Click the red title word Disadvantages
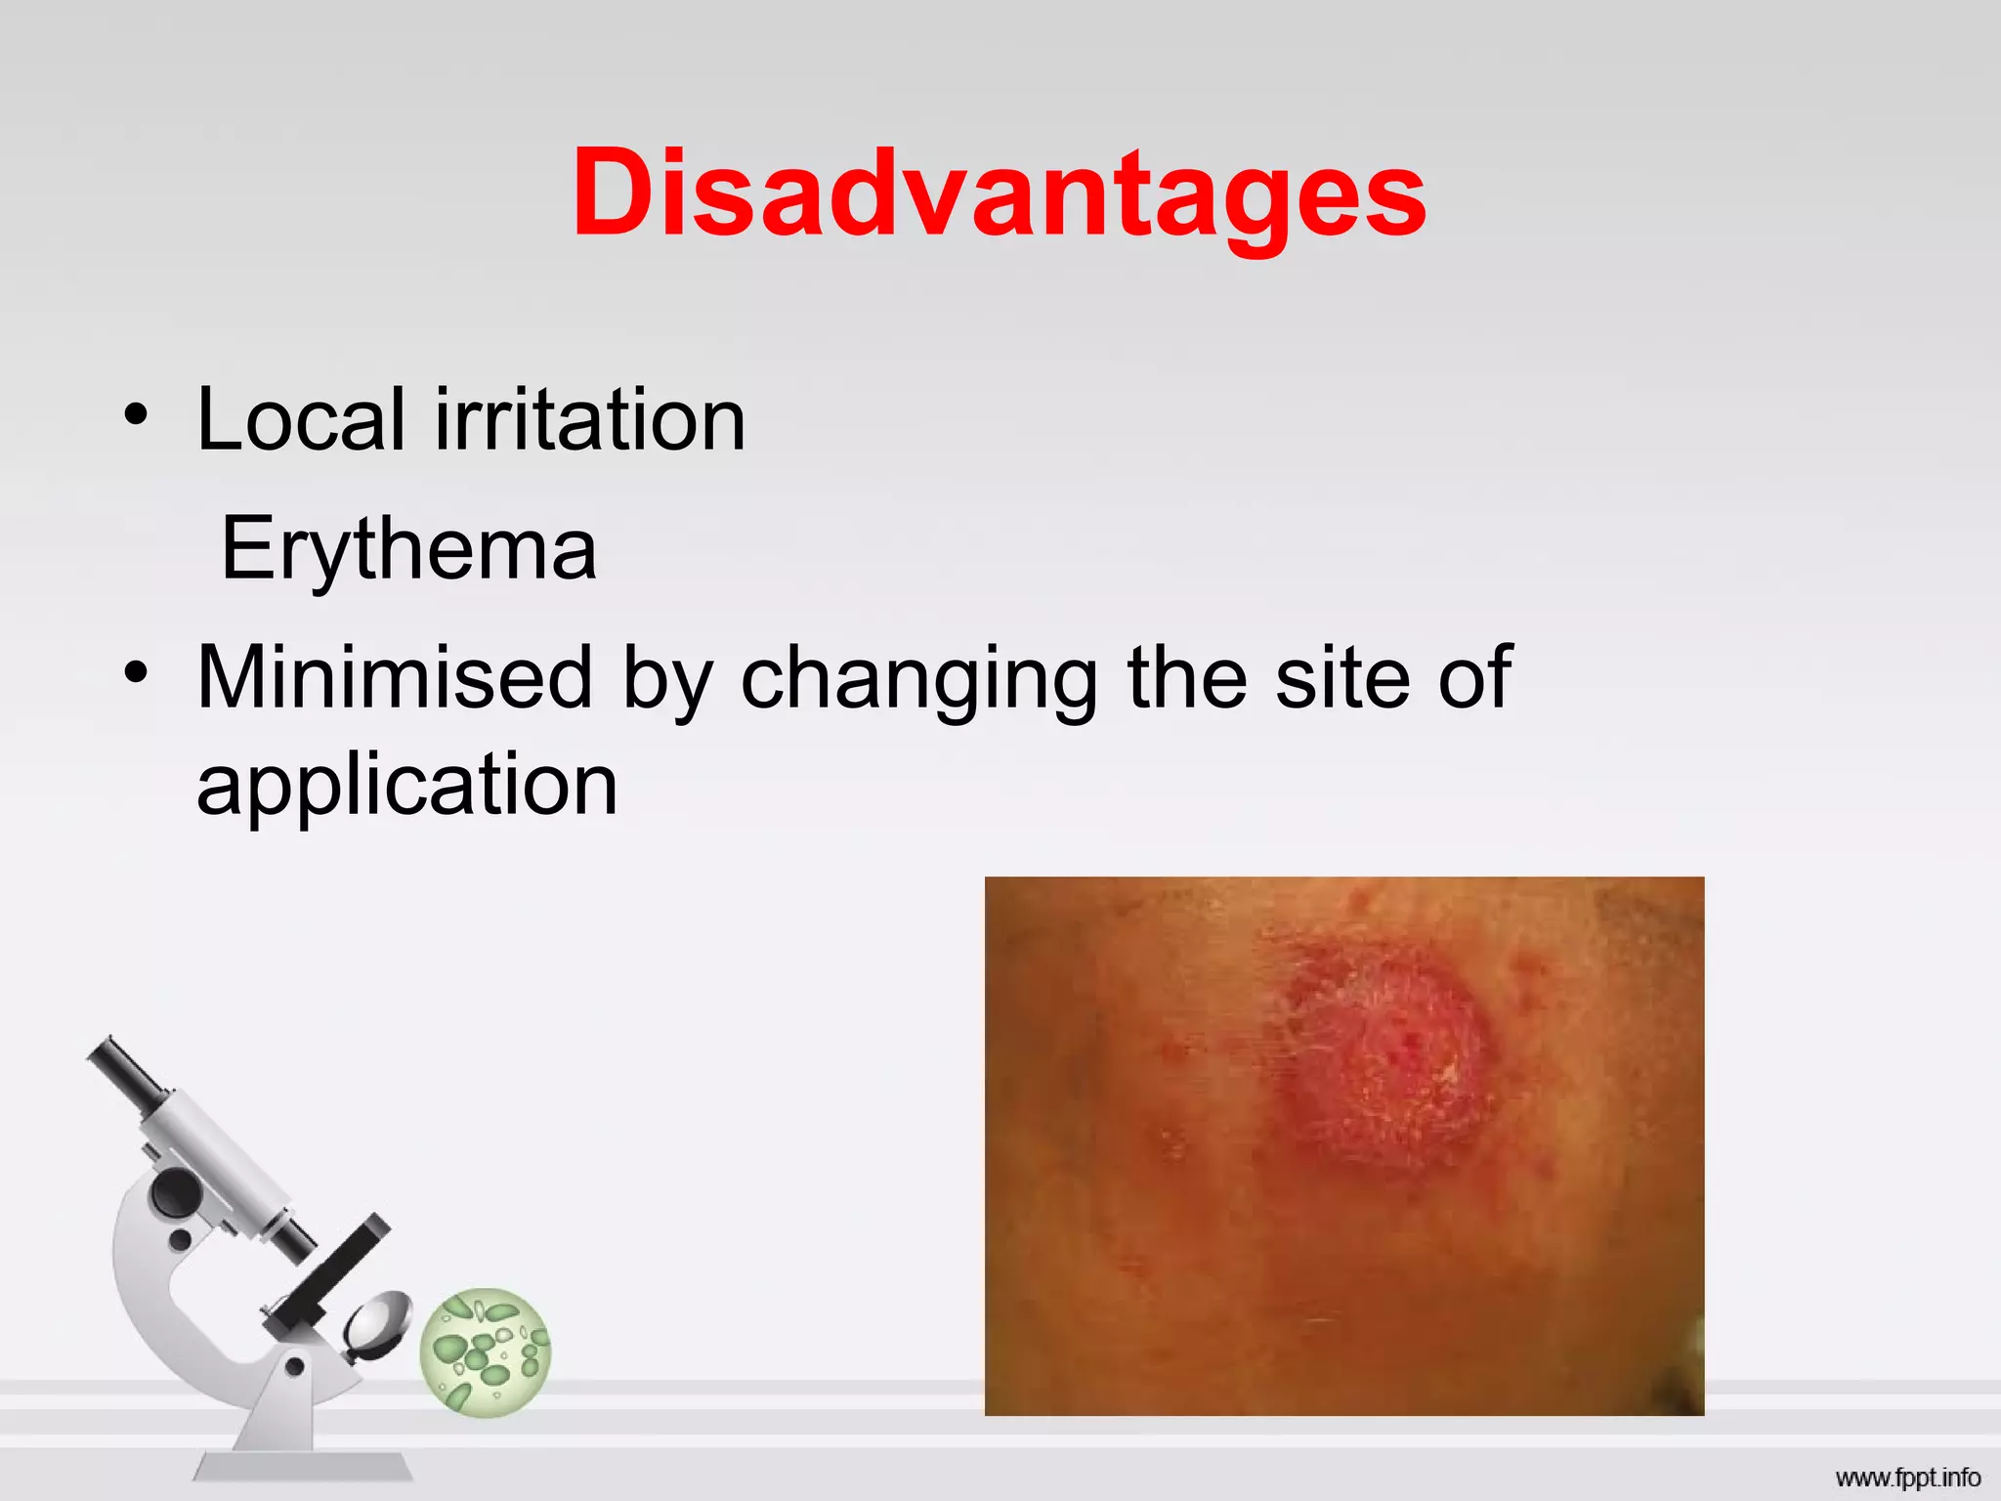(999, 193)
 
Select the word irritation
(590, 420)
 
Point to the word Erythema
(408, 549)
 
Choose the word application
(407, 787)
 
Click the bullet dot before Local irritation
(136, 414)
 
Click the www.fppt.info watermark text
(1907, 1478)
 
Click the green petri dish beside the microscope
(486, 1352)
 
